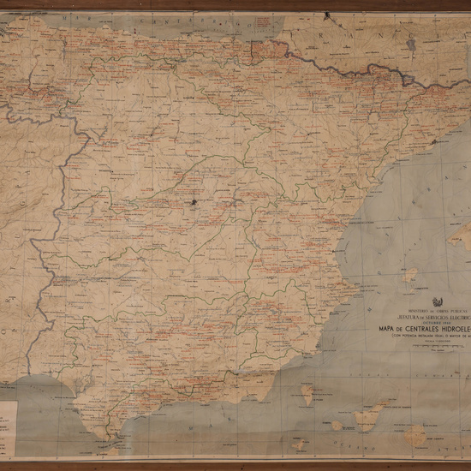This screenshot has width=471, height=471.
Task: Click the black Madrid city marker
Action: [195, 203]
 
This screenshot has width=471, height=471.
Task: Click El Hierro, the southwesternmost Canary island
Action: [299, 444]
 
